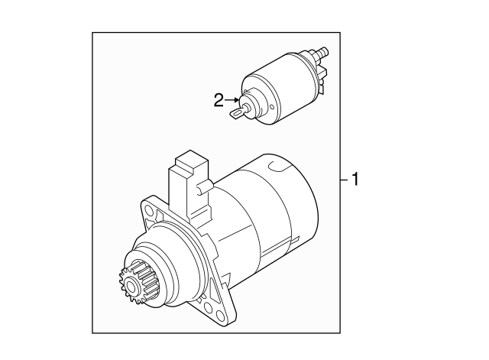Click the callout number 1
pyautogui.click(x=355, y=180)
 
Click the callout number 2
pyautogui.click(x=218, y=99)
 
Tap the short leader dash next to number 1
pyautogui.click(x=344, y=180)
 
